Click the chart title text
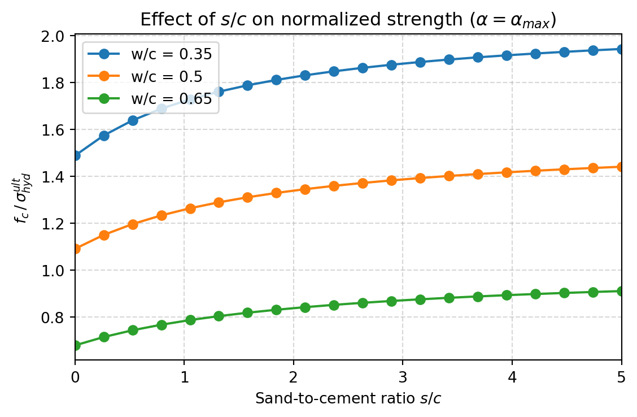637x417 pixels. point(348,20)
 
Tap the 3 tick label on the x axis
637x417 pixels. point(403,375)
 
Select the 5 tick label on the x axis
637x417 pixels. point(621,375)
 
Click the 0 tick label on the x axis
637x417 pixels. point(75,375)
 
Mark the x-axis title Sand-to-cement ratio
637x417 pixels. point(348,398)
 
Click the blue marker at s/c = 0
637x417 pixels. point(75,155)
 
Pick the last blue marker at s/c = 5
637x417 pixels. point(621,49)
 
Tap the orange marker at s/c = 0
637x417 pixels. point(75,249)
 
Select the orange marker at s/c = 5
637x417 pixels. point(621,167)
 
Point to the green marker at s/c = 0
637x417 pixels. point(75,345)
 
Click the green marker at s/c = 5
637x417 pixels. point(621,291)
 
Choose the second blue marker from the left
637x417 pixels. point(104,136)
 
